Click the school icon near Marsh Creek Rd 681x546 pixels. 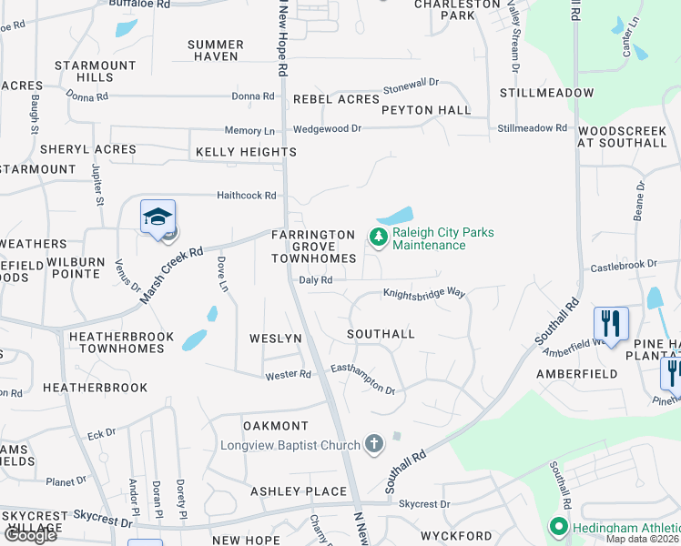(158, 217)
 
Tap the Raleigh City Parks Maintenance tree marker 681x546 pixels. (378, 238)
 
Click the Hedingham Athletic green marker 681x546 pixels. (558, 526)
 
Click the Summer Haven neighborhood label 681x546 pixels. (215, 50)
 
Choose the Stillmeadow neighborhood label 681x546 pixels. (546, 93)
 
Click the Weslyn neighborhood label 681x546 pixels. (275, 339)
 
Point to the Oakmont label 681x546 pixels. (276, 426)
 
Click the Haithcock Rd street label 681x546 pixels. (246, 196)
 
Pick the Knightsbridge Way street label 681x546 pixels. (423, 294)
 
